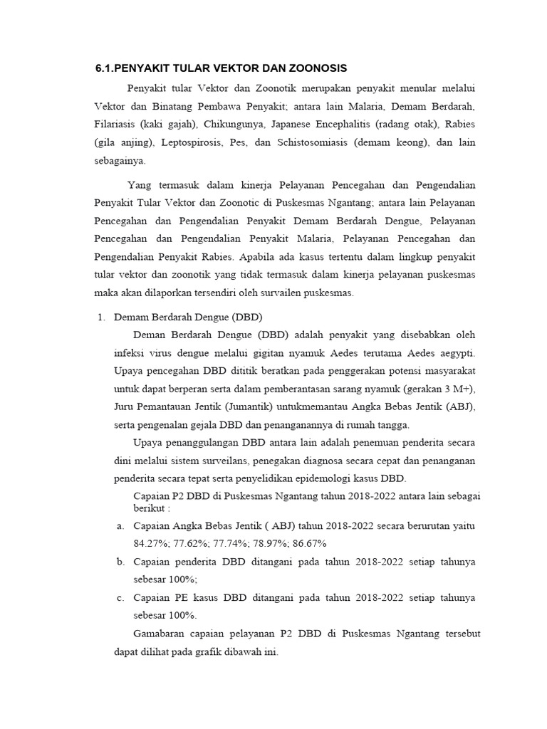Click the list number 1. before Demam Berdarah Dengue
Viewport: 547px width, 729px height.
[100, 317]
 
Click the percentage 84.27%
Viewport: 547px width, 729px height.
[150, 544]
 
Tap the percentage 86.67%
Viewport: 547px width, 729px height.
[307, 544]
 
